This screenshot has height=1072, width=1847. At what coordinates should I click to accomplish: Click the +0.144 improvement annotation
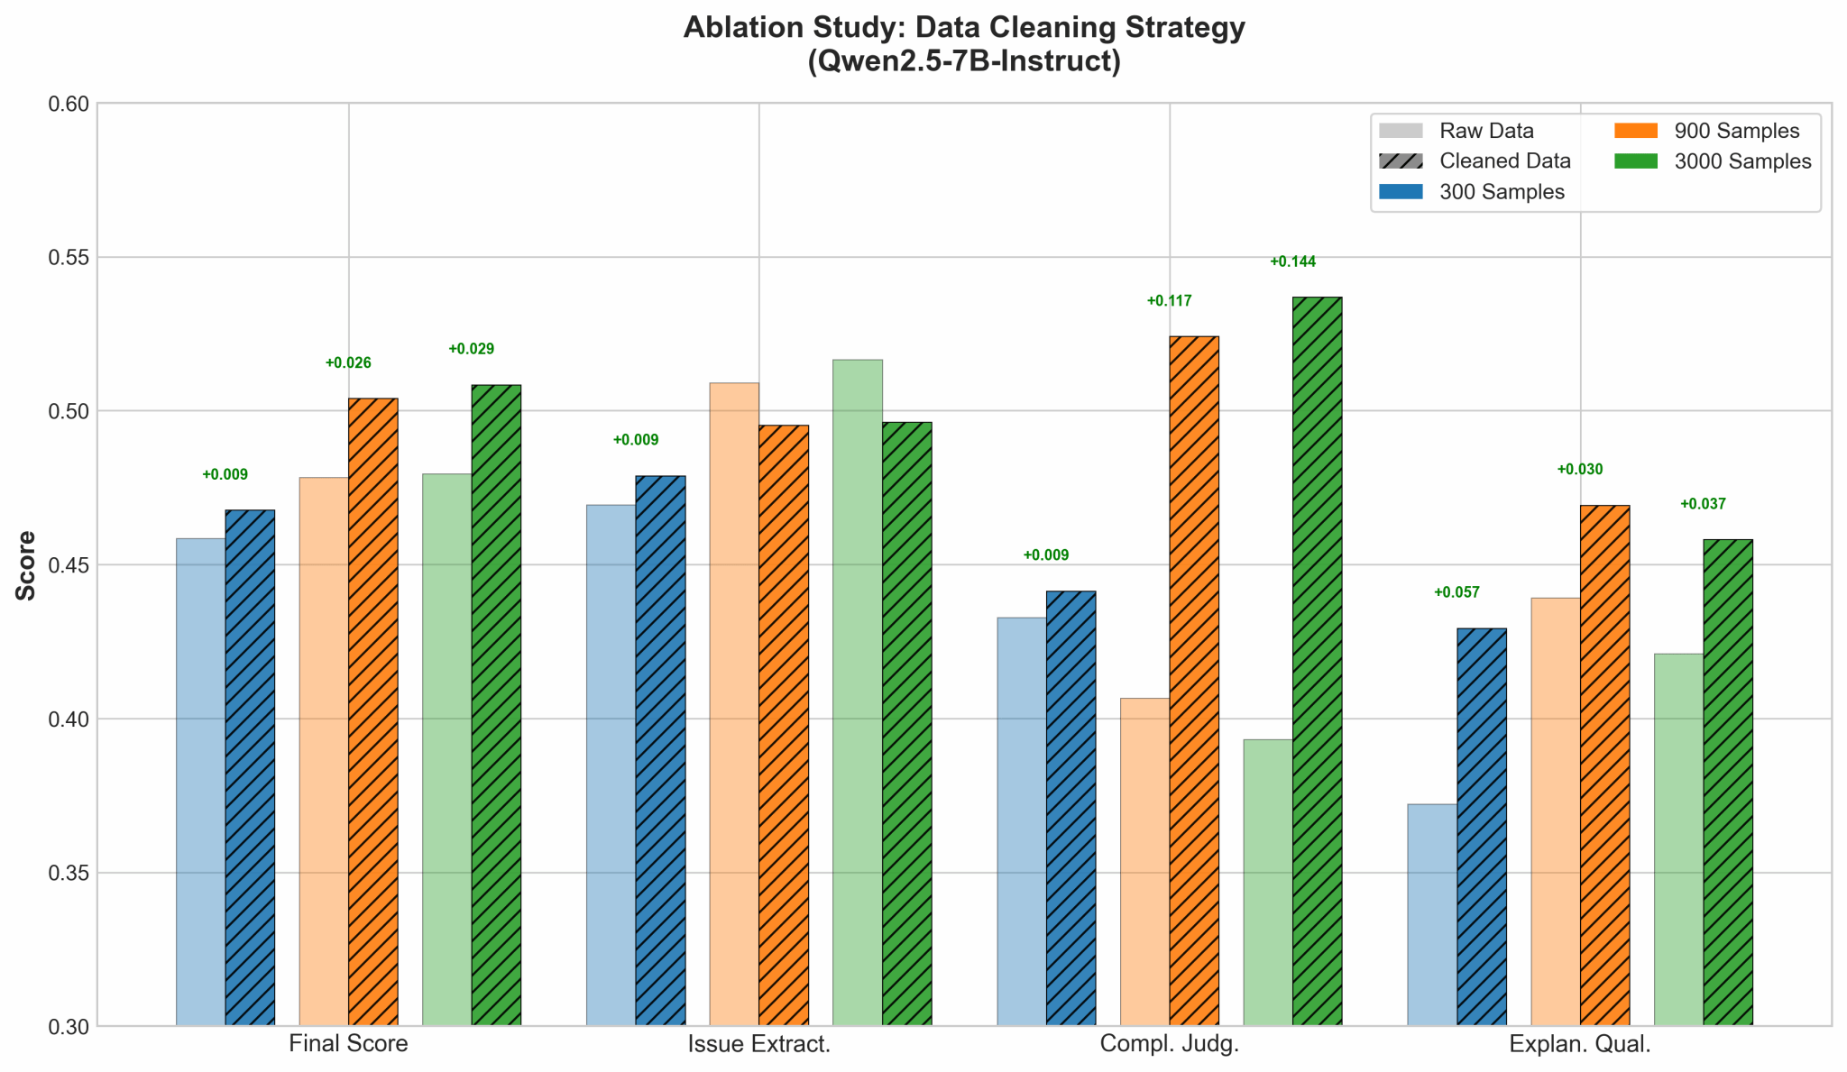pos(1292,262)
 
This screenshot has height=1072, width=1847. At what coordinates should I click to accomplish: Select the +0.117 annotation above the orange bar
pos(1169,301)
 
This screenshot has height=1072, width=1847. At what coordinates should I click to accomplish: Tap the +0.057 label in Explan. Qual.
pos(1456,592)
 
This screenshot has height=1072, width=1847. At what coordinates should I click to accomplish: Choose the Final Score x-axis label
pos(348,1044)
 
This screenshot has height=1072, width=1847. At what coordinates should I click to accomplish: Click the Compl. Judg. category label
pos(1170,1044)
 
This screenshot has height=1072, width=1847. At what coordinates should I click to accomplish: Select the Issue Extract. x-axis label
pos(758,1044)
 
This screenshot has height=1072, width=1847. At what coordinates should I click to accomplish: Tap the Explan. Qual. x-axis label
pos(1580,1044)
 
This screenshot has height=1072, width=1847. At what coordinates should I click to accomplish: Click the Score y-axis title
pos(26,565)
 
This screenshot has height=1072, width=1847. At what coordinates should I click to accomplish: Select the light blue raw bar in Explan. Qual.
pos(1432,914)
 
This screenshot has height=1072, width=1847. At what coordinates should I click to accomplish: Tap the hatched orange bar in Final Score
pos(373,711)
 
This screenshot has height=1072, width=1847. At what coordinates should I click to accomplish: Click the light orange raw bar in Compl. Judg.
pos(1144,861)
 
